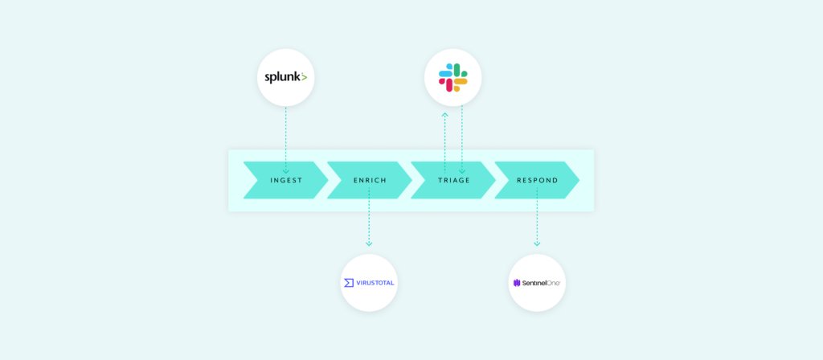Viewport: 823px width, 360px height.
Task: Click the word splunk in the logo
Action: (x=281, y=78)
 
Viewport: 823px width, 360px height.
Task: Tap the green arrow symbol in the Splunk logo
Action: (x=303, y=78)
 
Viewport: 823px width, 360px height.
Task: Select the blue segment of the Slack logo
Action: (x=445, y=74)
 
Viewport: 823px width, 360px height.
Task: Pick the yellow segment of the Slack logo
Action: (x=460, y=82)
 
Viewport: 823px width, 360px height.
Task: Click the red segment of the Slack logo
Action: (x=448, y=84)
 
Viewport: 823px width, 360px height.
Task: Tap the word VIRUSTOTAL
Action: (x=375, y=283)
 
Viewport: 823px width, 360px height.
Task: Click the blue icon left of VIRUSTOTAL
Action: (x=348, y=283)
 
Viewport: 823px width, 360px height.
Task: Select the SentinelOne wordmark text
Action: (x=542, y=283)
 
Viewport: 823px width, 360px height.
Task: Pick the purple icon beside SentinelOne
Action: (x=517, y=283)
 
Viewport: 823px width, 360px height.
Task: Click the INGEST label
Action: (x=285, y=180)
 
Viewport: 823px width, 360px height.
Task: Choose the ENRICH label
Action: (x=370, y=180)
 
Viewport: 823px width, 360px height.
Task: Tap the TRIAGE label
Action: (x=453, y=180)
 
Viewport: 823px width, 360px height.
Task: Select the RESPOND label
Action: (x=537, y=180)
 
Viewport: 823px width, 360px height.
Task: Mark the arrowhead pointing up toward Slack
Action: (x=445, y=115)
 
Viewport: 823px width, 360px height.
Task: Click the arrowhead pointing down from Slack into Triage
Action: (x=461, y=170)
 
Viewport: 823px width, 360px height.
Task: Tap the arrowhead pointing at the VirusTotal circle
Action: (x=369, y=243)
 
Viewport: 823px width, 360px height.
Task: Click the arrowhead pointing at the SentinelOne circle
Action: (x=537, y=243)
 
